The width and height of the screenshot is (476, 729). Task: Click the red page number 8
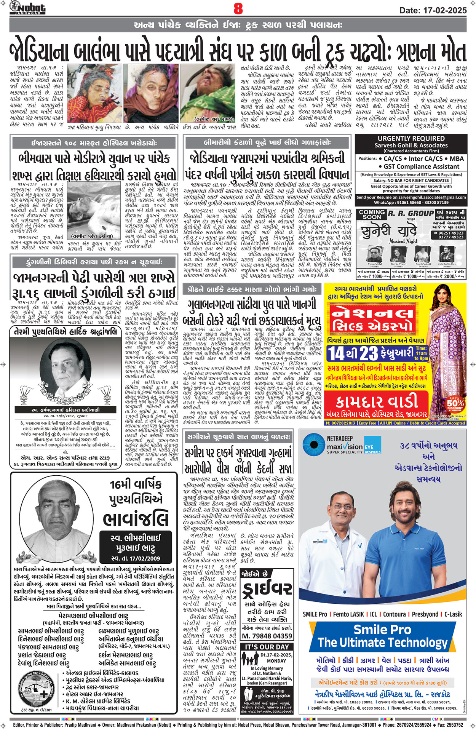tap(238, 8)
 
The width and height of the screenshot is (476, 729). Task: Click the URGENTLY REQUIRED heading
tap(411, 139)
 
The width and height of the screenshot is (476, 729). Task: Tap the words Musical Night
tap(403, 241)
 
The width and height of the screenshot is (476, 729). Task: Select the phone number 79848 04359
tap(267, 636)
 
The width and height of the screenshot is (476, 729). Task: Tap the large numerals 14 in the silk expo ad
tap(337, 353)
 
